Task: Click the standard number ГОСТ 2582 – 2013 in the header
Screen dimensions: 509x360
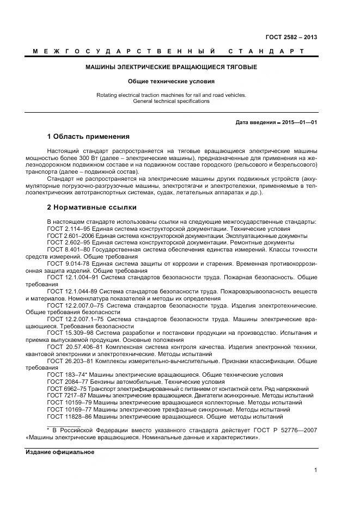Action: pyautogui.click(x=291, y=38)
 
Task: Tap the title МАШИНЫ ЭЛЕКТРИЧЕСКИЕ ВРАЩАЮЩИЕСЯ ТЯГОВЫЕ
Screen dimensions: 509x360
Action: pyautogui.click(x=171, y=67)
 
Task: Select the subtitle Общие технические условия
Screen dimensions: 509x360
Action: pyautogui.click(x=171, y=81)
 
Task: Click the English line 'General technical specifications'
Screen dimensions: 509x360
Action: pyautogui.click(x=171, y=101)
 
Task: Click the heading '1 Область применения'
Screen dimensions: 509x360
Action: pyautogui.click(x=88, y=136)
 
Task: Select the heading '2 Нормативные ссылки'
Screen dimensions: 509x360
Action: pyautogui.click(x=91, y=207)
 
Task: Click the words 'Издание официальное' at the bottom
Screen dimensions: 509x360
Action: pyautogui.click(x=60, y=452)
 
